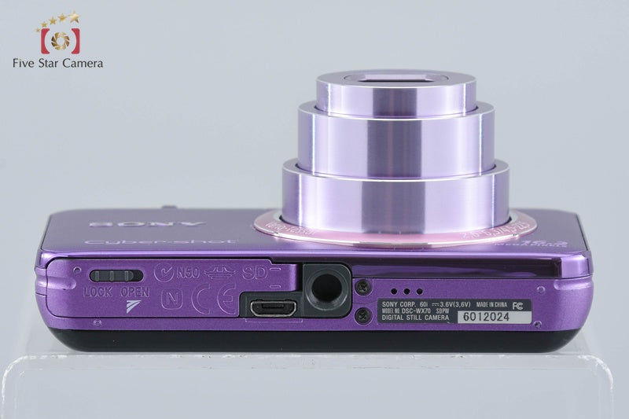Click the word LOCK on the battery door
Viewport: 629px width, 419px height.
[98, 290]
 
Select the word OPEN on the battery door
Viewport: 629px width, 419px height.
[136, 290]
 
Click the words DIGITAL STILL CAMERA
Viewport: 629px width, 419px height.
[415, 319]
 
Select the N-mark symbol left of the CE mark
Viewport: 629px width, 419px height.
[169, 300]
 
